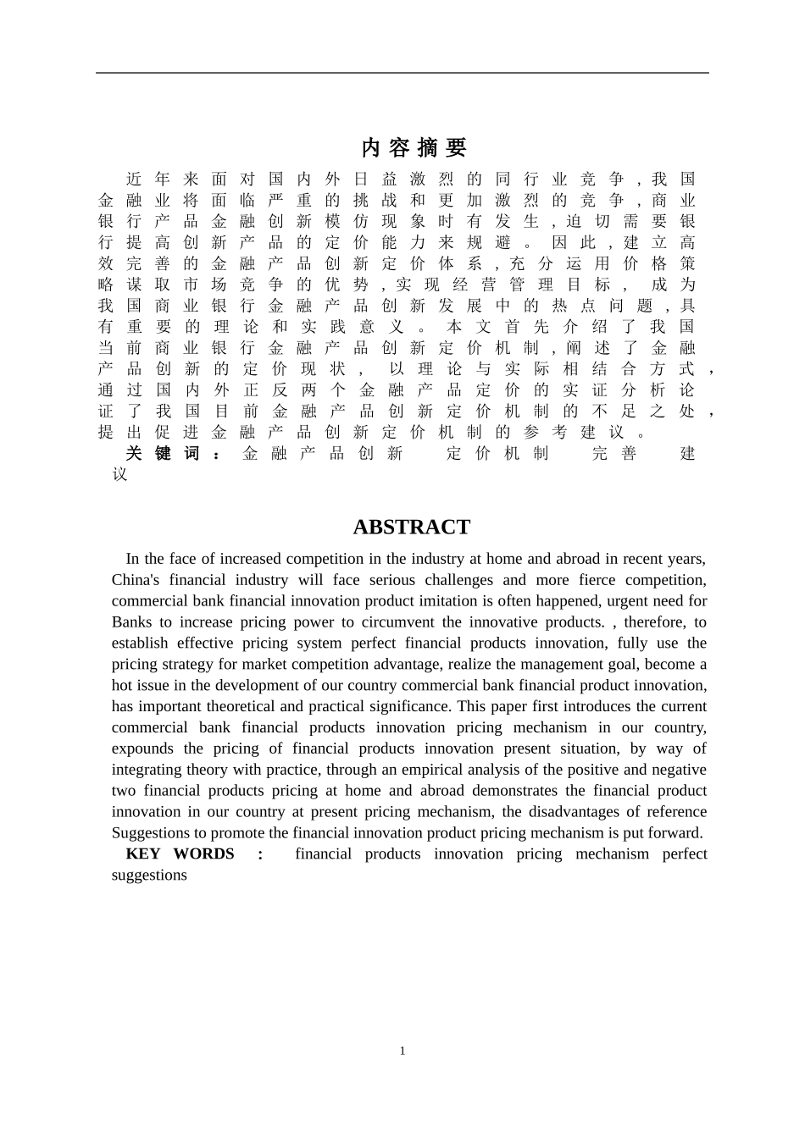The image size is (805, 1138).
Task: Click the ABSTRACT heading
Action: (411, 527)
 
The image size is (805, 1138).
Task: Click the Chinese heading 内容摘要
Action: (414, 147)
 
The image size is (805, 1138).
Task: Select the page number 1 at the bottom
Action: (402, 1051)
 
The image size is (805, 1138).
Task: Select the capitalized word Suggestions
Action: (150, 833)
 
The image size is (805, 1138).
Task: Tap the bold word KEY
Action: (142, 853)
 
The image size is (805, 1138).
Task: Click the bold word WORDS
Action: (203, 853)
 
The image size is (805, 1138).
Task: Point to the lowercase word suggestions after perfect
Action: (149, 875)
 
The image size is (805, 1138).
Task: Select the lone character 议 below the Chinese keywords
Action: (119, 475)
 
